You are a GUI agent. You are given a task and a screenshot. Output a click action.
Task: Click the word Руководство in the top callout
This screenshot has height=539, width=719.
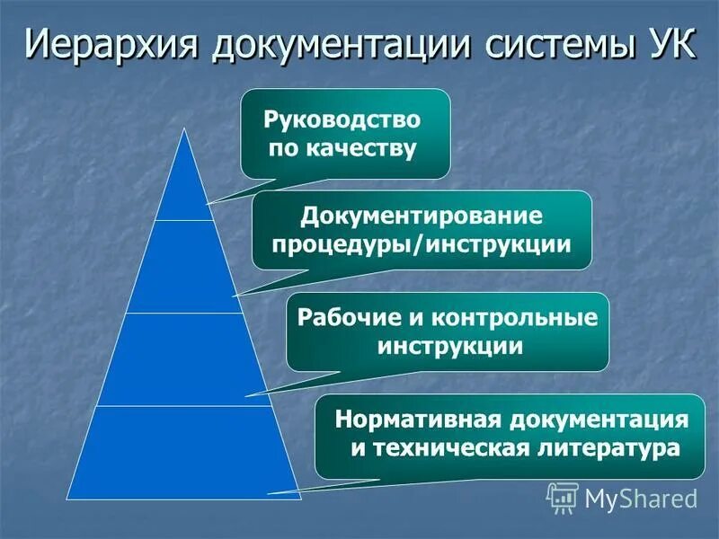pos(342,119)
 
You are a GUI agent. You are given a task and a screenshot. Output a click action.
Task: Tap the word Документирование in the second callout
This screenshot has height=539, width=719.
pos(422,216)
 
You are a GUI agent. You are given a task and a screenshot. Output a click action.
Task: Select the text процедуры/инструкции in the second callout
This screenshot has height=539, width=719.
pos(422,244)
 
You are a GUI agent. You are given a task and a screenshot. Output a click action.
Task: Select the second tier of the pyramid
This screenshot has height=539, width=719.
pos(184,268)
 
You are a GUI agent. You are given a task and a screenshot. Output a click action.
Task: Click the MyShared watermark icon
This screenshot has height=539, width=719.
pos(563,497)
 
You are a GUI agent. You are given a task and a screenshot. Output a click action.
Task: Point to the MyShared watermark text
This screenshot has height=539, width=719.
pos(641,498)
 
